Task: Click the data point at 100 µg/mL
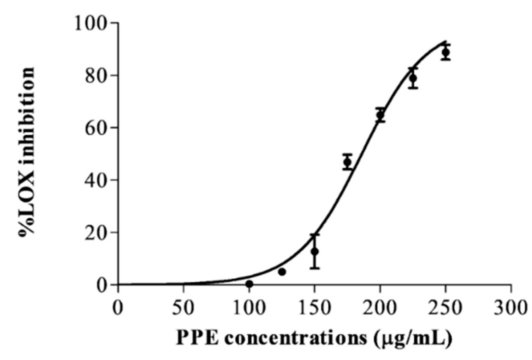pyautogui.click(x=249, y=284)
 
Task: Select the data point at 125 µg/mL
pyautogui.click(x=282, y=272)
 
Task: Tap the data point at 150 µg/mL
pyautogui.click(x=315, y=252)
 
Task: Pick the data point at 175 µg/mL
pyautogui.click(x=347, y=162)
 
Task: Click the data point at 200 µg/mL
pyautogui.click(x=380, y=115)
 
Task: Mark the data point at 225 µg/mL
pyautogui.click(x=413, y=78)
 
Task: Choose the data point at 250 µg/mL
pyautogui.click(x=446, y=52)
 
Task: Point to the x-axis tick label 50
pyautogui.click(x=183, y=308)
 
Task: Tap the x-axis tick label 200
pyautogui.click(x=380, y=308)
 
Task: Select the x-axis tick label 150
pyautogui.click(x=314, y=308)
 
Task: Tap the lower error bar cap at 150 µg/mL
pyautogui.click(x=315, y=268)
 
